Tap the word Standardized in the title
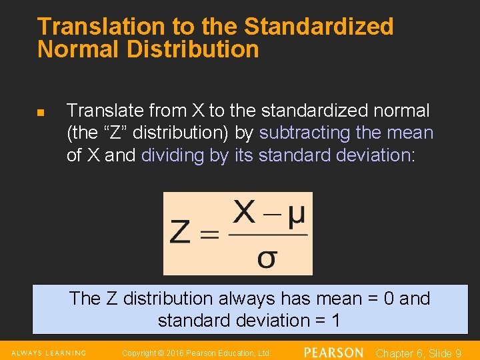pos(319,27)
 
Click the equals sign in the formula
pos(210,234)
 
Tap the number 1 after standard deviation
pos(335,321)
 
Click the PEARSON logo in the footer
pos(333,353)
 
